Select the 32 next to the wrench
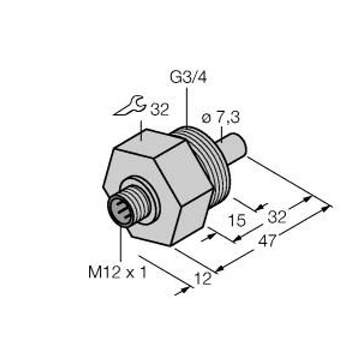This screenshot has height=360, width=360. (158, 110)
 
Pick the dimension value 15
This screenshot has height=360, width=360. (238, 220)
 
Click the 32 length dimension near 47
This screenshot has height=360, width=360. (276, 215)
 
